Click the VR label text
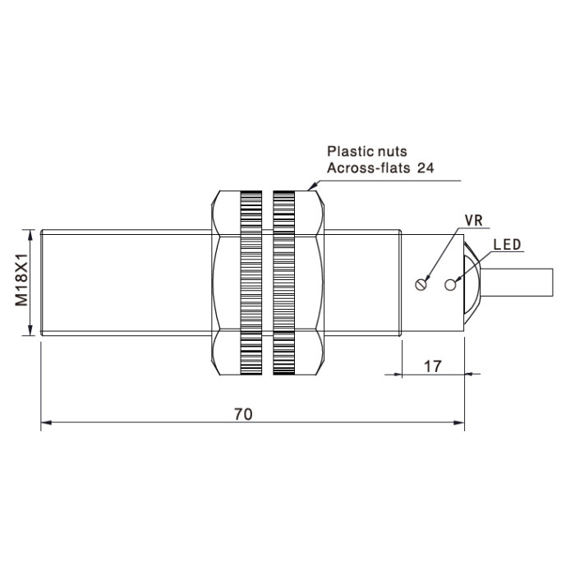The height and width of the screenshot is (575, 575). (473, 220)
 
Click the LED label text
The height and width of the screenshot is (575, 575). (507, 245)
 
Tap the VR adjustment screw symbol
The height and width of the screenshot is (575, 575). (421, 284)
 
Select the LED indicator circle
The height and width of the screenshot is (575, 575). (450, 284)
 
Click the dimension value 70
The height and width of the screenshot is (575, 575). (243, 414)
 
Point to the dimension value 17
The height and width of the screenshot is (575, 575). (433, 366)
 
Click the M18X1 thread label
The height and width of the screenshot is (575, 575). (21, 279)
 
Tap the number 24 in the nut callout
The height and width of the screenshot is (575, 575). (425, 168)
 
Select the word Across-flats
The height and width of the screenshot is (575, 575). (369, 168)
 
